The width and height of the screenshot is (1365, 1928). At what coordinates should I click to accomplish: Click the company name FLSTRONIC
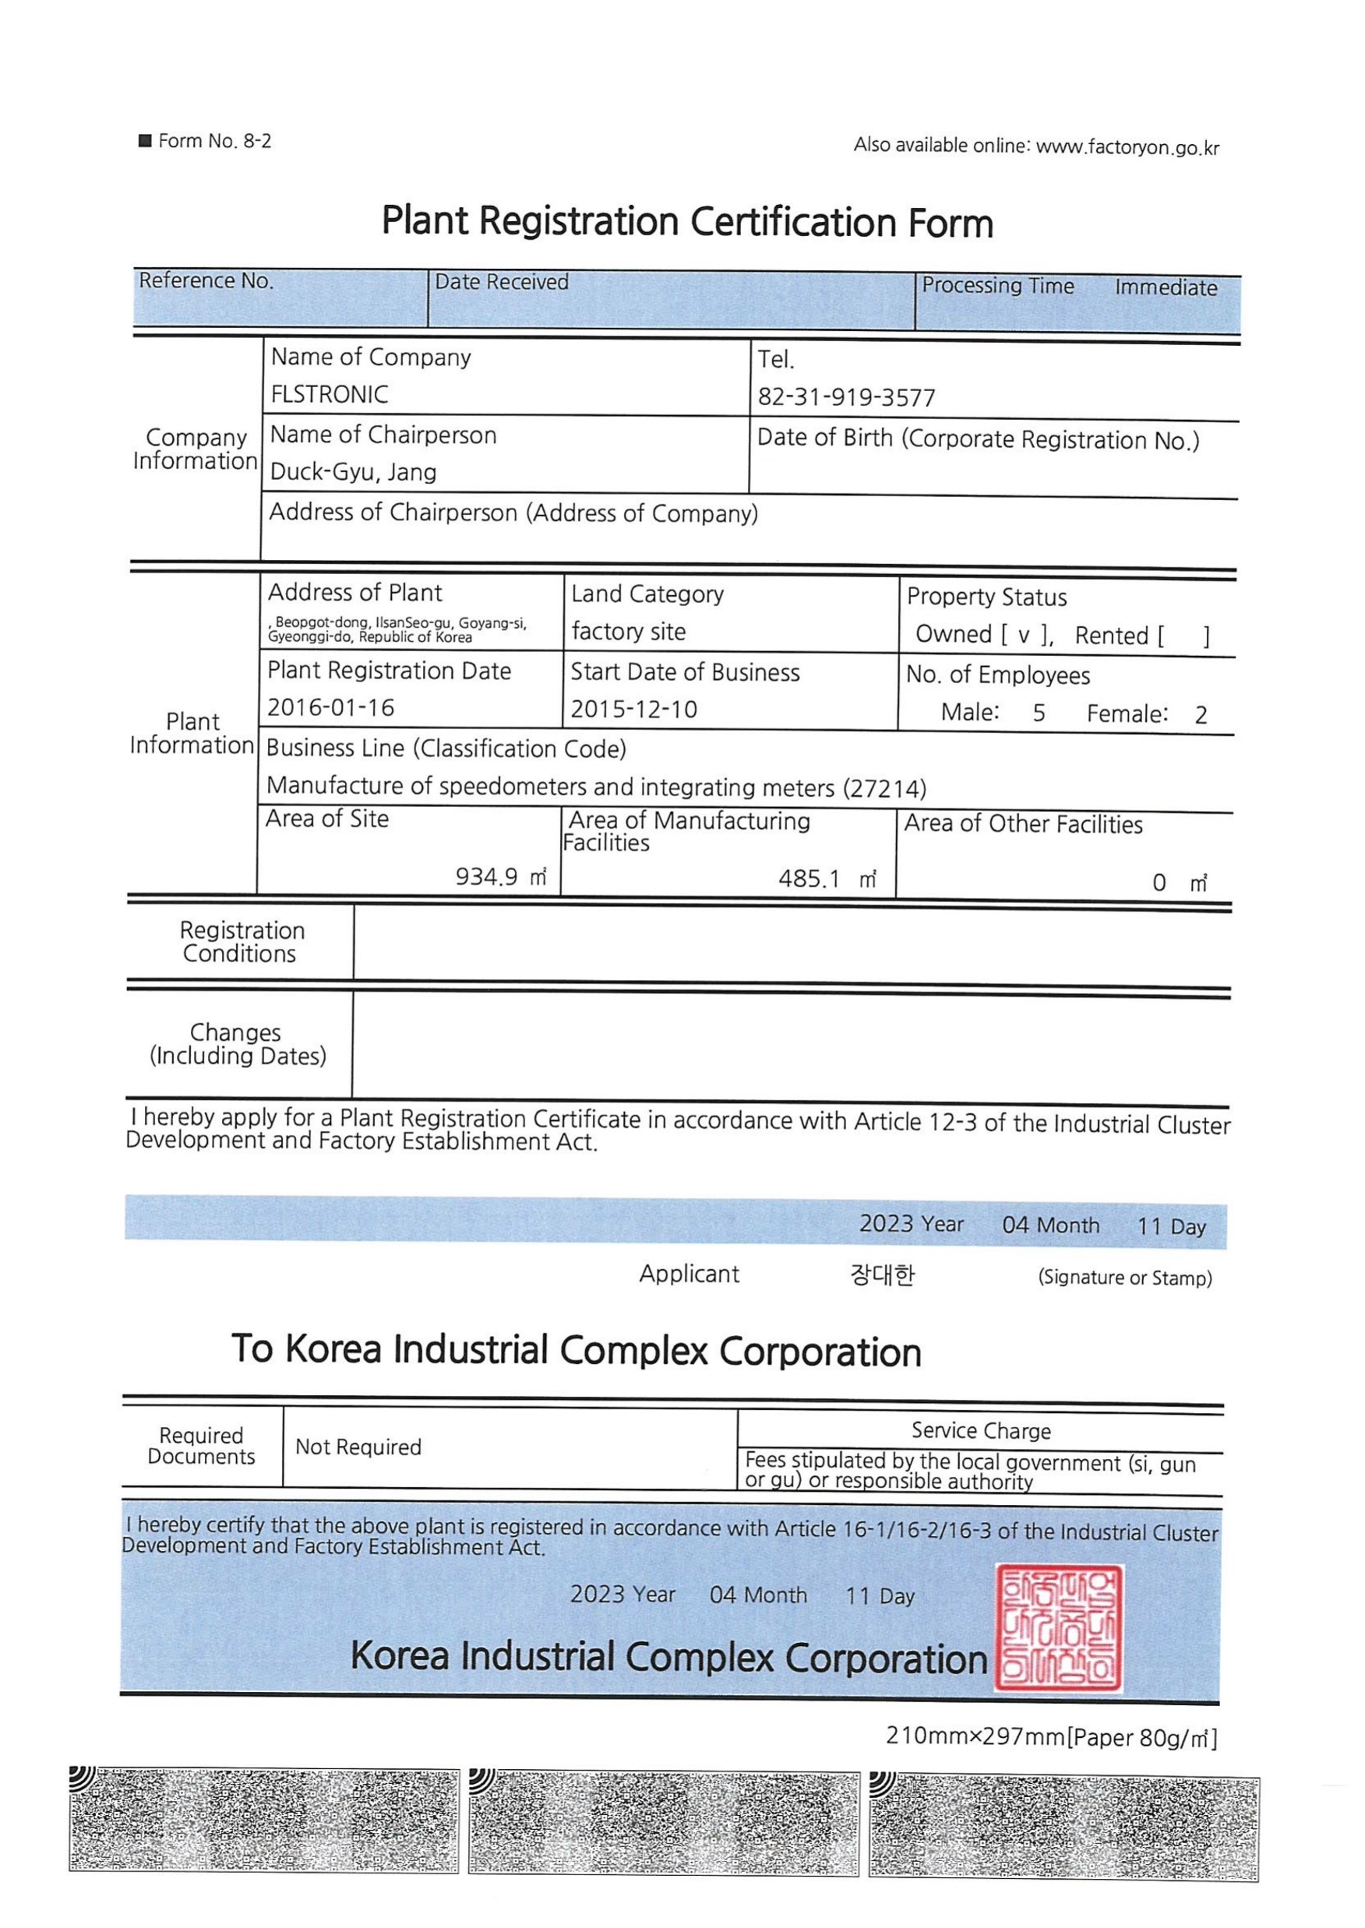(330, 394)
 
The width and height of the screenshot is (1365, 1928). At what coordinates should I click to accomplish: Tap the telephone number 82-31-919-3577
(845, 397)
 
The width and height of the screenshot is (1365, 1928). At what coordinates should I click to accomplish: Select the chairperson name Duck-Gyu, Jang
(353, 472)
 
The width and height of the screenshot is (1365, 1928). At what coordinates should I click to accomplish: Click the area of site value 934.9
(487, 877)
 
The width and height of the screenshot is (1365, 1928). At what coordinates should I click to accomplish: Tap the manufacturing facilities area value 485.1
(809, 879)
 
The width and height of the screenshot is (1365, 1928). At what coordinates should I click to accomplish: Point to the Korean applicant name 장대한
(882, 1276)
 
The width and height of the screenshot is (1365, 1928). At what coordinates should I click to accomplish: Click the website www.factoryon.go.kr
(1127, 148)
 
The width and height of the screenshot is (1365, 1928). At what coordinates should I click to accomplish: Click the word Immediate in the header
(1166, 287)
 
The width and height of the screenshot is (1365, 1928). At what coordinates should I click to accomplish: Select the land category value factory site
(629, 632)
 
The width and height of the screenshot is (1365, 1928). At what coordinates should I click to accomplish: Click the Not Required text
(358, 1447)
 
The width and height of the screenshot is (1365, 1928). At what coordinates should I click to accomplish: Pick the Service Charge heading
(981, 1430)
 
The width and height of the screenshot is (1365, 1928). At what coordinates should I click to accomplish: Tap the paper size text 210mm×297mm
(975, 1736)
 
